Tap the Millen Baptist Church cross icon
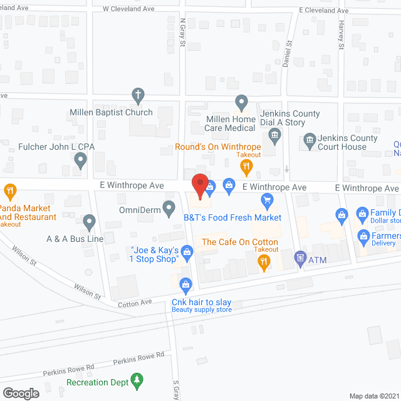click(x=138, y=96)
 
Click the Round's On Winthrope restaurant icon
click(x=247, y=166)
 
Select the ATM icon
click(x=299, y=258)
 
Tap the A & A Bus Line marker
click(x=89, y=221)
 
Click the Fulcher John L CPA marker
click(x=80, y=161)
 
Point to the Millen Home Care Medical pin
click(x=241, y=102)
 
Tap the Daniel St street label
click(x=288, y=54)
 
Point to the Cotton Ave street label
click(x=135, y=303)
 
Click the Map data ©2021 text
click(x=373, y=395)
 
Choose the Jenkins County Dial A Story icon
click(x=274, y=135)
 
